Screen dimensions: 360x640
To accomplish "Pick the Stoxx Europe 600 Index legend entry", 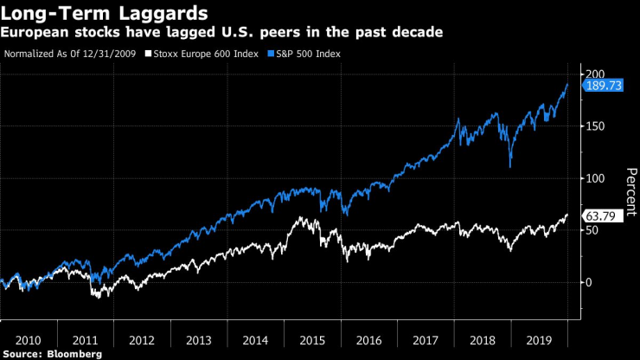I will [x=203, y=54].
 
